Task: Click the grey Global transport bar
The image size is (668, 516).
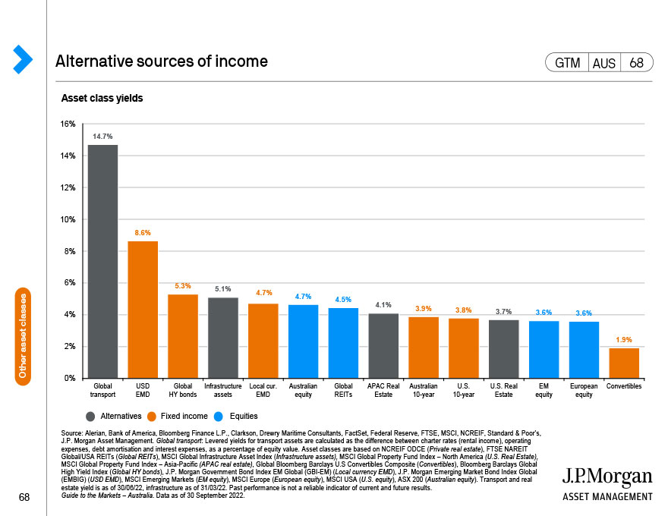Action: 102,261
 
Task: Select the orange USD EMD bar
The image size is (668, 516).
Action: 143,310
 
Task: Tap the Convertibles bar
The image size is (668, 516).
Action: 624,363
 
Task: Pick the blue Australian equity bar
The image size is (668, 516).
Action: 303,341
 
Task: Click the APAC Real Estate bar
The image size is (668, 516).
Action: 383,346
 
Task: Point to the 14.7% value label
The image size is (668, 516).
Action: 102,137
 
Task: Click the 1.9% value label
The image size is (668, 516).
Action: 624,340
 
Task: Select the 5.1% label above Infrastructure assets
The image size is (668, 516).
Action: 223,289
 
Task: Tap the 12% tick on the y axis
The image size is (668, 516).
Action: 68,187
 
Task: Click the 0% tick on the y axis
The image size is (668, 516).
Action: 70,378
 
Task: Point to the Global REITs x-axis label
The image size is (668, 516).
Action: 343,390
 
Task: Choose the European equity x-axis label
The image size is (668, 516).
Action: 584,390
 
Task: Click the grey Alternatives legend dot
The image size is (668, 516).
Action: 90,417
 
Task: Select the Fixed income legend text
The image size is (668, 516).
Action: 184,416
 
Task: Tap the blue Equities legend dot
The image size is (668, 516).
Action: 219,417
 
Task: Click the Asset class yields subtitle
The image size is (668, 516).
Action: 102,99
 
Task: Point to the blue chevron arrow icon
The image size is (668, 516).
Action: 23,59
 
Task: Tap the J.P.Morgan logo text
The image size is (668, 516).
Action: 607,477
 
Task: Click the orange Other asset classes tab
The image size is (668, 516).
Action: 23,336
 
